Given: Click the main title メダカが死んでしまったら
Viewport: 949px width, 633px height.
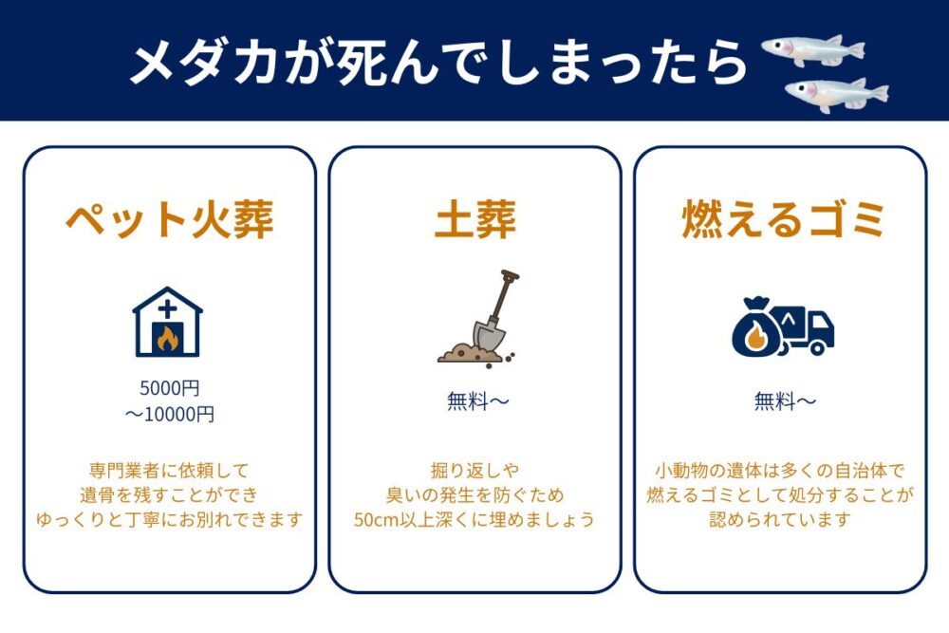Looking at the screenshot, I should pyautogui.click(x=438, y=63).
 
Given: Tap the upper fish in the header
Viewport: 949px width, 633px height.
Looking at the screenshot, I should pyautogui.click(x=813, y=49).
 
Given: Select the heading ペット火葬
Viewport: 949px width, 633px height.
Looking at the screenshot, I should pyautogui.click(x=170, y=219).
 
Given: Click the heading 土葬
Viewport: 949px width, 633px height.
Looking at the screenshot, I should pyautogui.click(x=475, y=219).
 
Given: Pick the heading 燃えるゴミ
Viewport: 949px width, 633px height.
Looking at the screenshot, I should pyautogui.click(x=782, y=219).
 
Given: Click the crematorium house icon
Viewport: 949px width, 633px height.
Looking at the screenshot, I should pyautogui.click(x=167, y=322).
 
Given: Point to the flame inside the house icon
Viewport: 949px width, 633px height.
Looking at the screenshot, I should pyautogui.click(x=167, y=337).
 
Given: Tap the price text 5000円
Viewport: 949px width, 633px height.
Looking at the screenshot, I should pyautogui.click(x=170, y=388).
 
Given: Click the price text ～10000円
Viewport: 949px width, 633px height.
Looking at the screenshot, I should pyautogui.click(x=170, y=414).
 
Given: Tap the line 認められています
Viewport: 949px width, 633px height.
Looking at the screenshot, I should pyautogui.click(x=780, y=519).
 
